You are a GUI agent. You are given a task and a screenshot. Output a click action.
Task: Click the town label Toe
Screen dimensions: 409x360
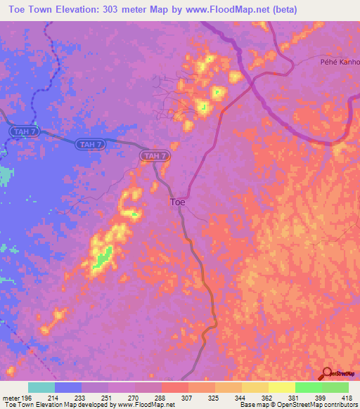click(179, 202)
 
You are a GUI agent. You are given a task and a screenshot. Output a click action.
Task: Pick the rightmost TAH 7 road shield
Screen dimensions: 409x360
click(155, 156)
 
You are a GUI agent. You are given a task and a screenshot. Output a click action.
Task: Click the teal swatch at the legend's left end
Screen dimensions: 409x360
click(41, 387)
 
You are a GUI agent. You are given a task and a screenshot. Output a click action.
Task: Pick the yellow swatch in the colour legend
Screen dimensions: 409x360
click(281, 387)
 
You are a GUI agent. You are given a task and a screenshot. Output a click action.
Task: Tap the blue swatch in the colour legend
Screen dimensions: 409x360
click(68, 387)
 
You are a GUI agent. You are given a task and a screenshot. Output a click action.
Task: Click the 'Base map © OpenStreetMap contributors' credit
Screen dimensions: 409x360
click(298, 405)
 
